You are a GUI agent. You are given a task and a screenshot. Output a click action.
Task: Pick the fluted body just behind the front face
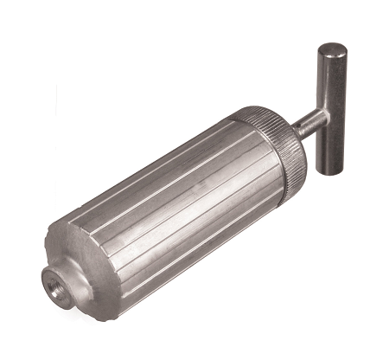pos(117,251)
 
